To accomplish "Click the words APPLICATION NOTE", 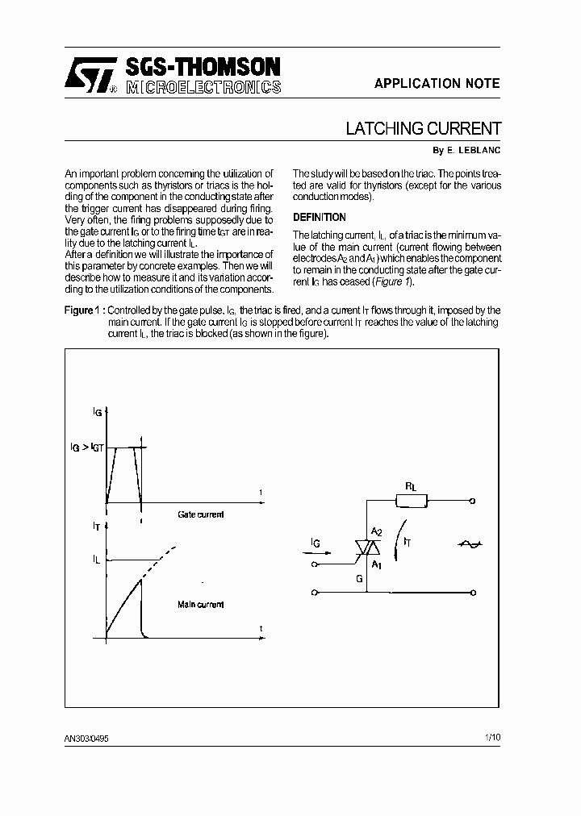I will [x=437, y=84].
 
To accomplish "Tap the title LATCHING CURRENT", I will [x=423, y=129].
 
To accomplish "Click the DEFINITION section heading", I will [x=320, y=217].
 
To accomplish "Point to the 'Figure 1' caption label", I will [x=83, y=310].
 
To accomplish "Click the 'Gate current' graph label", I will [x=201, y=514].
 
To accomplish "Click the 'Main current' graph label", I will [x=201, y=604].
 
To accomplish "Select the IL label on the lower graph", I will [x=96, y=558].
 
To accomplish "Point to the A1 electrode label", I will [x=376, y=565].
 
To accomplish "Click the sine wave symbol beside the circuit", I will [x=470, y=545].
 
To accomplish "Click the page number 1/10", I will [x=492, y=737].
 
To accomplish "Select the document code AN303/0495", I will [x=86, y=738].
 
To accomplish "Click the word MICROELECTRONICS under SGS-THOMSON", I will [x=203, y=86].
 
